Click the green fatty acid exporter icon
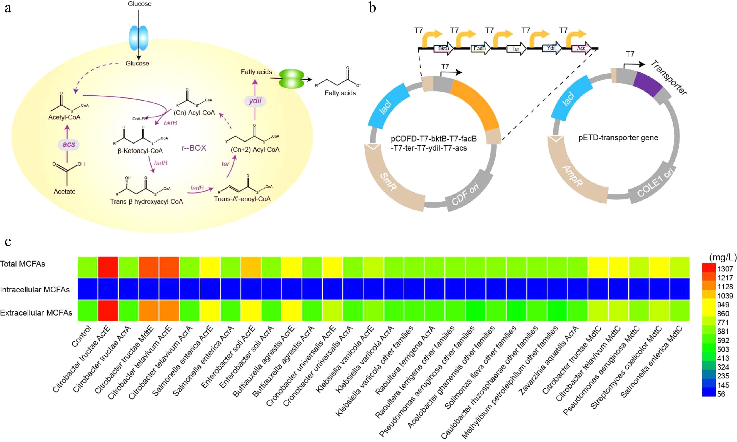point(291,79)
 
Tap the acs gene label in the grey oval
point(69,144)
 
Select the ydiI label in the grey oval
point(255,101)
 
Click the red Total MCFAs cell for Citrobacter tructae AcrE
point(108,267)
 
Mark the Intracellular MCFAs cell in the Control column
point(88,289)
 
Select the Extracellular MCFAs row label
point(36,313)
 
